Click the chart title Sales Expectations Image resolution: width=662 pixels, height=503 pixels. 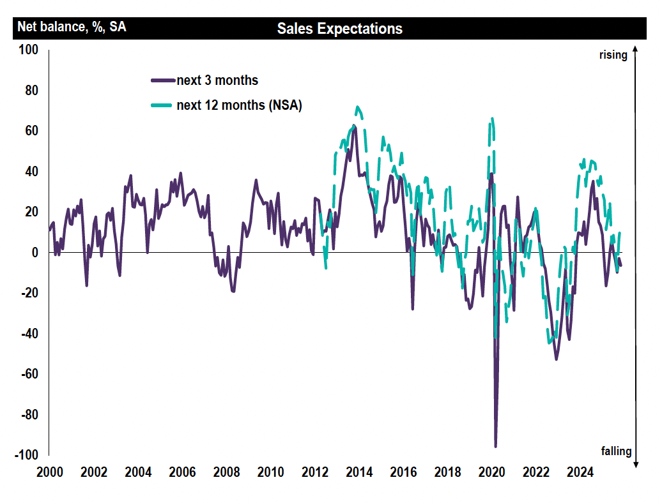(x=339, y=29)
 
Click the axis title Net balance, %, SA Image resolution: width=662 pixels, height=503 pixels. (x=72, y=27)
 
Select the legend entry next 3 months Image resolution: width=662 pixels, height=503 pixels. (x=217, y=80)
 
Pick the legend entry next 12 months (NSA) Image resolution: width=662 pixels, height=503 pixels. (x=239, y=105)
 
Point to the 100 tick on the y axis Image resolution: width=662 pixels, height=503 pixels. (x=29, y=50)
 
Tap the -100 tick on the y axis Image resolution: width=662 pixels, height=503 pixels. (x=27, y=455)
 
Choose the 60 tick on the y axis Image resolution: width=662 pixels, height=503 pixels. (x=32, y=131)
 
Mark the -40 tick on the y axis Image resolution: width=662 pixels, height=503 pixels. (x=30, y=334)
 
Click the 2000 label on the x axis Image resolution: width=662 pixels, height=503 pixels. (x=50, y=473)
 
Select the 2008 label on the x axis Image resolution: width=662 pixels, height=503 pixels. (x=226, y=473)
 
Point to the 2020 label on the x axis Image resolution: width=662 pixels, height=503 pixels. (x=492, y=473)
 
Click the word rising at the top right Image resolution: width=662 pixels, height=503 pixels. (x=613, y=56)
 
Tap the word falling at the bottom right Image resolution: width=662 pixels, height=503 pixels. (x=616, y=451)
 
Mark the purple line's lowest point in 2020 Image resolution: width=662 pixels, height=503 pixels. (x=495, y=446)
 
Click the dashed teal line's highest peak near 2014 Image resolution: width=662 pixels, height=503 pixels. (x=358, y=107)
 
